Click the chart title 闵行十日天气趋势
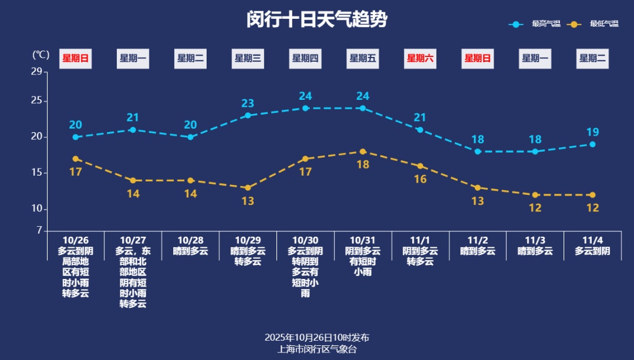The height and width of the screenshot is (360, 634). pyautogui.click(x=317, y=19)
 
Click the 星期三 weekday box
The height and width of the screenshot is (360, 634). pyautogui.click(x=248, y=58)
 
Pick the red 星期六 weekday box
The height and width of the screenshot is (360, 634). pyautogui.click(x=420, y=58)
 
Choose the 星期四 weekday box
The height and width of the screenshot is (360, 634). pyautogui.click(x=305, y=58)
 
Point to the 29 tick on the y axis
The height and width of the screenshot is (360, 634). pyautogui.click(x=36, y=72)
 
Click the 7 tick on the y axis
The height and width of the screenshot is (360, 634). pyautogui.click(x=39, y=231)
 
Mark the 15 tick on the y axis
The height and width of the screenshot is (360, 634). pyautogui.click(x=36, y=173)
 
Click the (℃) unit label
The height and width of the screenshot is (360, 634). pyautogui.click(x=41, y=55)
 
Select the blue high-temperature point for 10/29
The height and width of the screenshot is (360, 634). pyautogui.click(x=248, y=115)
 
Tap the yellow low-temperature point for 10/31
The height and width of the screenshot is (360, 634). pyautogui.click(x=363, y=152)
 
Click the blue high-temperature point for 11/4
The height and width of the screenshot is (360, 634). pyautogui.click(x=592, y=144)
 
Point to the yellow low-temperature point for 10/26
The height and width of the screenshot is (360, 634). pyautogui.click(x=76, y=159)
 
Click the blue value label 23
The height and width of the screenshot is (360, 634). pyautogui.click(x=248, y=103)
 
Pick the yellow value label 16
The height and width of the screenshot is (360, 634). pyautogui.click(x=420, y=179)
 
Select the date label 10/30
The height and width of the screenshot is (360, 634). pyautogui.click(x=305, y=240)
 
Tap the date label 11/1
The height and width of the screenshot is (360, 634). pyautogui.click(x=420, y=240)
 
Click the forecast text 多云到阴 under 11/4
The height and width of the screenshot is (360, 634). pyautogui.click(x=592, y=251)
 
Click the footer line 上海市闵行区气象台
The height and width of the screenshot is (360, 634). pyautogui.click(x=317, y=349)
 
